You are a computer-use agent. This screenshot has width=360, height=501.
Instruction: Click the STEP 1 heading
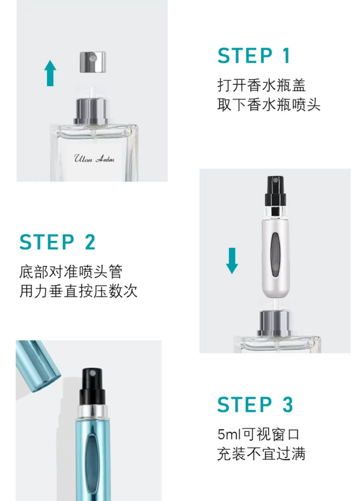[254, 56]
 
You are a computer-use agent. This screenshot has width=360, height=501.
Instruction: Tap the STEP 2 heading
[58, 242]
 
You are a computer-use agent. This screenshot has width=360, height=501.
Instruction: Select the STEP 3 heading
[255, 404]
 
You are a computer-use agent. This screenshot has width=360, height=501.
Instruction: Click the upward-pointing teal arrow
[50, 73]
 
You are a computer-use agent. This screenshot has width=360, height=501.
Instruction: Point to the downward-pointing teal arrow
[232, 261]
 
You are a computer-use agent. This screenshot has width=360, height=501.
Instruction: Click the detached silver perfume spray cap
[93, 62]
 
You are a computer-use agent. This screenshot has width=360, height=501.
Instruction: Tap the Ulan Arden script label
[94, 159]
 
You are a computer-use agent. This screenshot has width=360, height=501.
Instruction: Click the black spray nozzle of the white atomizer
[275, 192]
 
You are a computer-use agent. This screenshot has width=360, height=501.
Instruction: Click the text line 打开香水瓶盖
[262, 85]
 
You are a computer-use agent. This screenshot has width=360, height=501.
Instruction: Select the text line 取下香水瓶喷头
[269, 105]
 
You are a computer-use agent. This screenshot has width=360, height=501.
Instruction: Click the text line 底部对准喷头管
[71, 272]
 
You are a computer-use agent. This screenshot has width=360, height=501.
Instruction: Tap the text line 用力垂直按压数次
[78, 291]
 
